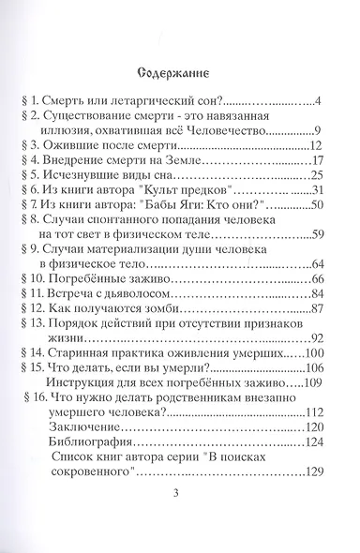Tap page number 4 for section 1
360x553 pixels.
point(319,98)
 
